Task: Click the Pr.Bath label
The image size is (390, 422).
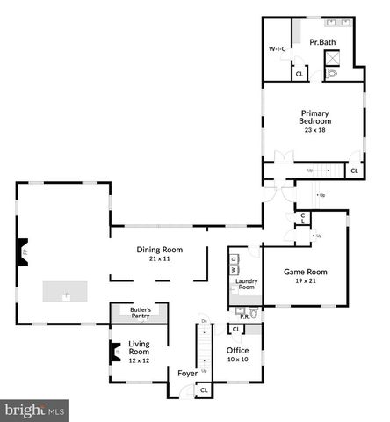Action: click(x=322, y=42)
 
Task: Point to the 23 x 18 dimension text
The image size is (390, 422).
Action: click(x=314, y=130)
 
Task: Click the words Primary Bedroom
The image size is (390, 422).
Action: click(x=314, y=117)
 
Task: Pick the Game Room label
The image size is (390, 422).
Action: click(x=304, y=272)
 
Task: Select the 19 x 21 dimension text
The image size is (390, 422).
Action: click(x=304, y=281)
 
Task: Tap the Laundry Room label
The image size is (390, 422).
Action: click(x=246, y=284)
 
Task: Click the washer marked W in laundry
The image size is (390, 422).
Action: click(x=234, y=272)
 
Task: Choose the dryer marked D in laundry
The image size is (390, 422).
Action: click(x=234, y=259)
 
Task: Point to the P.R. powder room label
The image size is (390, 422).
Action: click(x=243, y=317)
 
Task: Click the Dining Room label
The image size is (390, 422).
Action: click(x=159, y=250)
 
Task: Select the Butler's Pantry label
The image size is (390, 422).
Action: click(x=141, y=313)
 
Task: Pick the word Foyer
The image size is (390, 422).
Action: click(x=187, y=373)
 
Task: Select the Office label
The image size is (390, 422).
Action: click(x=238, y=350)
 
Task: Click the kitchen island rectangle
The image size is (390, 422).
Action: click(x=66, y=291)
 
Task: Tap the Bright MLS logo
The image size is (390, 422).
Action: click(x=35, y=410)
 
